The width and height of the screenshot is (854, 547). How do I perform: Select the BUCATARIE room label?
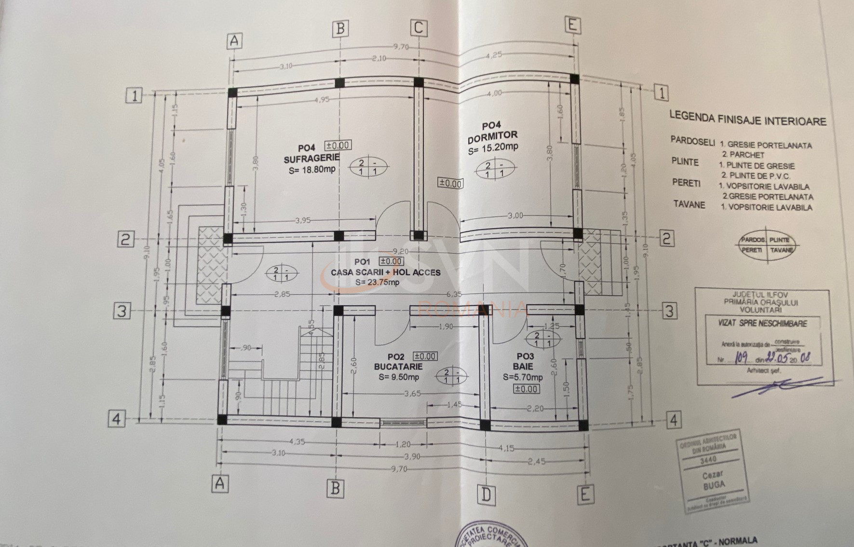398,367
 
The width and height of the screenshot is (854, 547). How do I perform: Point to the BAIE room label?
523,367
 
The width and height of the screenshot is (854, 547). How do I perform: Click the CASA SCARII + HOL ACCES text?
385,272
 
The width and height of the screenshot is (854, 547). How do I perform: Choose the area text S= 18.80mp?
312,170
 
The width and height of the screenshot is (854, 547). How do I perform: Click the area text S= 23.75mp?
377,282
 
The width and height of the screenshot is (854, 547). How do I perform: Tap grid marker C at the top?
418,28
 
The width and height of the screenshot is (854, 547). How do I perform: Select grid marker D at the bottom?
486,494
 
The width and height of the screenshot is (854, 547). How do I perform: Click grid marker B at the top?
340,28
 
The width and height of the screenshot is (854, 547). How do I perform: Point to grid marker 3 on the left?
122,311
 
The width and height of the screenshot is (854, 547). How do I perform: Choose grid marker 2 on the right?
666,238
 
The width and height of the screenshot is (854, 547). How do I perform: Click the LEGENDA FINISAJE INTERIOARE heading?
747,119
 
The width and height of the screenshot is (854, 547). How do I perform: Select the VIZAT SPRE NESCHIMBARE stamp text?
762,323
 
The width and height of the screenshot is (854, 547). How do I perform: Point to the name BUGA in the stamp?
714,485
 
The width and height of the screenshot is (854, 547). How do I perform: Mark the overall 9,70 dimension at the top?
401,47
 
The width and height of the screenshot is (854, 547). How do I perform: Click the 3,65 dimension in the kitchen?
412,394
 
